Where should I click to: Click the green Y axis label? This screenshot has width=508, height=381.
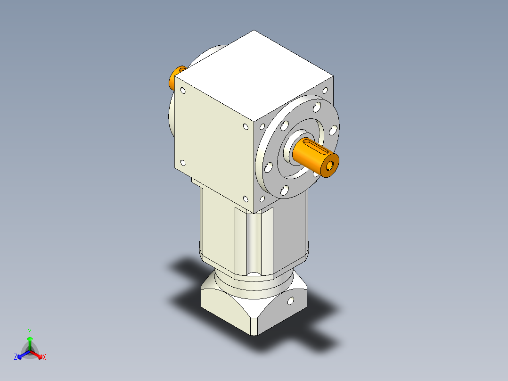pos(29,331)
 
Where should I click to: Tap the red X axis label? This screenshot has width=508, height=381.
pos(44,357)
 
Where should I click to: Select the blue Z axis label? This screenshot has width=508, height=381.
pos(16,357)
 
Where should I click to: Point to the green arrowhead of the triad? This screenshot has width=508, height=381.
pos(29,339)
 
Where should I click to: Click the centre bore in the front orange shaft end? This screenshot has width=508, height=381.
pos(330,165)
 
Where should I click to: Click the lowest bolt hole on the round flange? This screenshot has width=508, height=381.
pos(284,190)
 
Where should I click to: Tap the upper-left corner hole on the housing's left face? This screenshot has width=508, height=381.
pos(183,91)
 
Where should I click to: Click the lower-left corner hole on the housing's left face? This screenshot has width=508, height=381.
pos(183,163)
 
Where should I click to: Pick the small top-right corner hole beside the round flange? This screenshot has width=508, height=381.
pos(325,90)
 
